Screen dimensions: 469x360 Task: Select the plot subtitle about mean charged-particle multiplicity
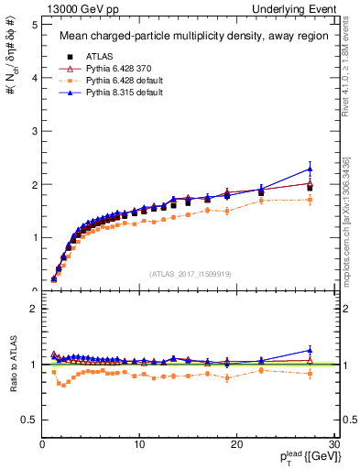(x=190, y=37)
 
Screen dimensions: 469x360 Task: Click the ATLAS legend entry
(x=101, y=56)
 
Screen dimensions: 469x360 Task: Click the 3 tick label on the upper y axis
(x=33, y=131)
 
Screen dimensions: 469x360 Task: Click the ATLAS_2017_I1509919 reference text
(x=191, y=272)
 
